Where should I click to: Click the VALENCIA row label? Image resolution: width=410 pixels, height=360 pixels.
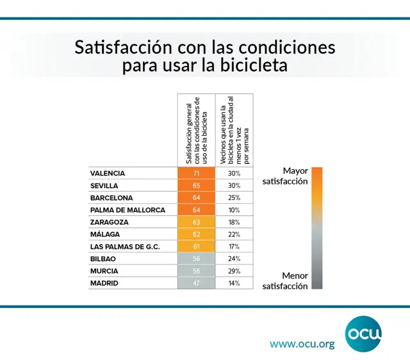tap(108, 173)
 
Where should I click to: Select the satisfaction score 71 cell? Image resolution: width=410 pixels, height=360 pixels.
tap(196, 173)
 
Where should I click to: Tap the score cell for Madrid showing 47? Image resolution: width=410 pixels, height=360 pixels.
tap(196, 282)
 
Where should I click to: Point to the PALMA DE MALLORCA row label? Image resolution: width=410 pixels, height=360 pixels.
tap(127, 209)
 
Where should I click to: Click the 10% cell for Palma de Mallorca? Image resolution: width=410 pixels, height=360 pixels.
tap(233, 209)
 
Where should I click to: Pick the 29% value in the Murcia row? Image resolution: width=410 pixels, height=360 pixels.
tap(233, 270)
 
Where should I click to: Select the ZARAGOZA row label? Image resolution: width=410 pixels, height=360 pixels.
tap(110, 222)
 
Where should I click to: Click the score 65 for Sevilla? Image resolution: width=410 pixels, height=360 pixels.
tap(196, 185)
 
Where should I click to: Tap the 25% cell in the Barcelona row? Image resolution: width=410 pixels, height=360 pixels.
tap(233, 197)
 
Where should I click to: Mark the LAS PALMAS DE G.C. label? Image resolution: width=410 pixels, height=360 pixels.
tap(125, 246)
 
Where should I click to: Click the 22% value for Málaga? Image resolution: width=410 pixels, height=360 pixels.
tap(233, 234)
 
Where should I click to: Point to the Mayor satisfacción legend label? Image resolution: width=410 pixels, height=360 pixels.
tap(286, 176)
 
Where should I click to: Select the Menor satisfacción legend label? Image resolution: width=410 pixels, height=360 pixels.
tap(286, 280)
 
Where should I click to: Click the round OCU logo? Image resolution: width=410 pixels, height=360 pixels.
tap(363, 333)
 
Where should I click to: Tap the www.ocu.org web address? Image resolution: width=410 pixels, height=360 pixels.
tap(302, 344)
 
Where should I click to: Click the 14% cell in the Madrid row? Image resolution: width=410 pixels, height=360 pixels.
tap(233, 282)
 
